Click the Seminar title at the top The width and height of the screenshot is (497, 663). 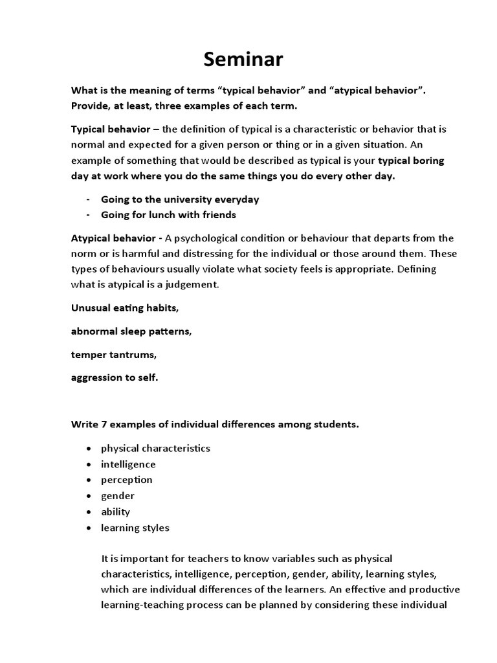243,60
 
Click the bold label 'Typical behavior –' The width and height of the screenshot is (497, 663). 111,129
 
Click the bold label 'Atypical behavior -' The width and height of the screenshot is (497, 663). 114,238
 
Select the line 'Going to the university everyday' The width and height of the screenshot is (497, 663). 180,199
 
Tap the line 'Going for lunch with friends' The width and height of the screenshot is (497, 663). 168,214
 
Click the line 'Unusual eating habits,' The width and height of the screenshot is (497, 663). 124,308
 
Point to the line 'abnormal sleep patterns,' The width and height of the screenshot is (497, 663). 131,331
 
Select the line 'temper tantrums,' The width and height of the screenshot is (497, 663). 114,354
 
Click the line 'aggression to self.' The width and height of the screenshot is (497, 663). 114,377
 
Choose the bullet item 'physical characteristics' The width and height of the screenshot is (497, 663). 155,448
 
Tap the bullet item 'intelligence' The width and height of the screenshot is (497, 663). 128,464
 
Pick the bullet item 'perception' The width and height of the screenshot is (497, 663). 127,480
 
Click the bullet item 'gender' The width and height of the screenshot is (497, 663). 118,496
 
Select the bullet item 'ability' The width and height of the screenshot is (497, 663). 115,511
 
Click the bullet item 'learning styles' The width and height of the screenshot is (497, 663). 135,528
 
